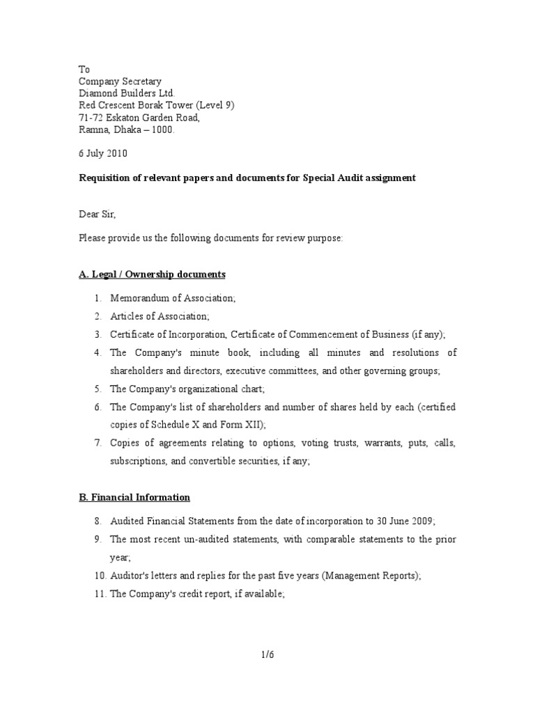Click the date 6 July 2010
[102, 153]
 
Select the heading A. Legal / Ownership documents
[152, 274]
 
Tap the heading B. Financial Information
[134, 497]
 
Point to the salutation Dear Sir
[98, 214]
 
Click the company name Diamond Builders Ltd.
[127, 93]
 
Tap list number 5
[99, 389]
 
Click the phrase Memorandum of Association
[173, 298]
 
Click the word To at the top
[84, 70]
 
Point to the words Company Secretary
[120, 81]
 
